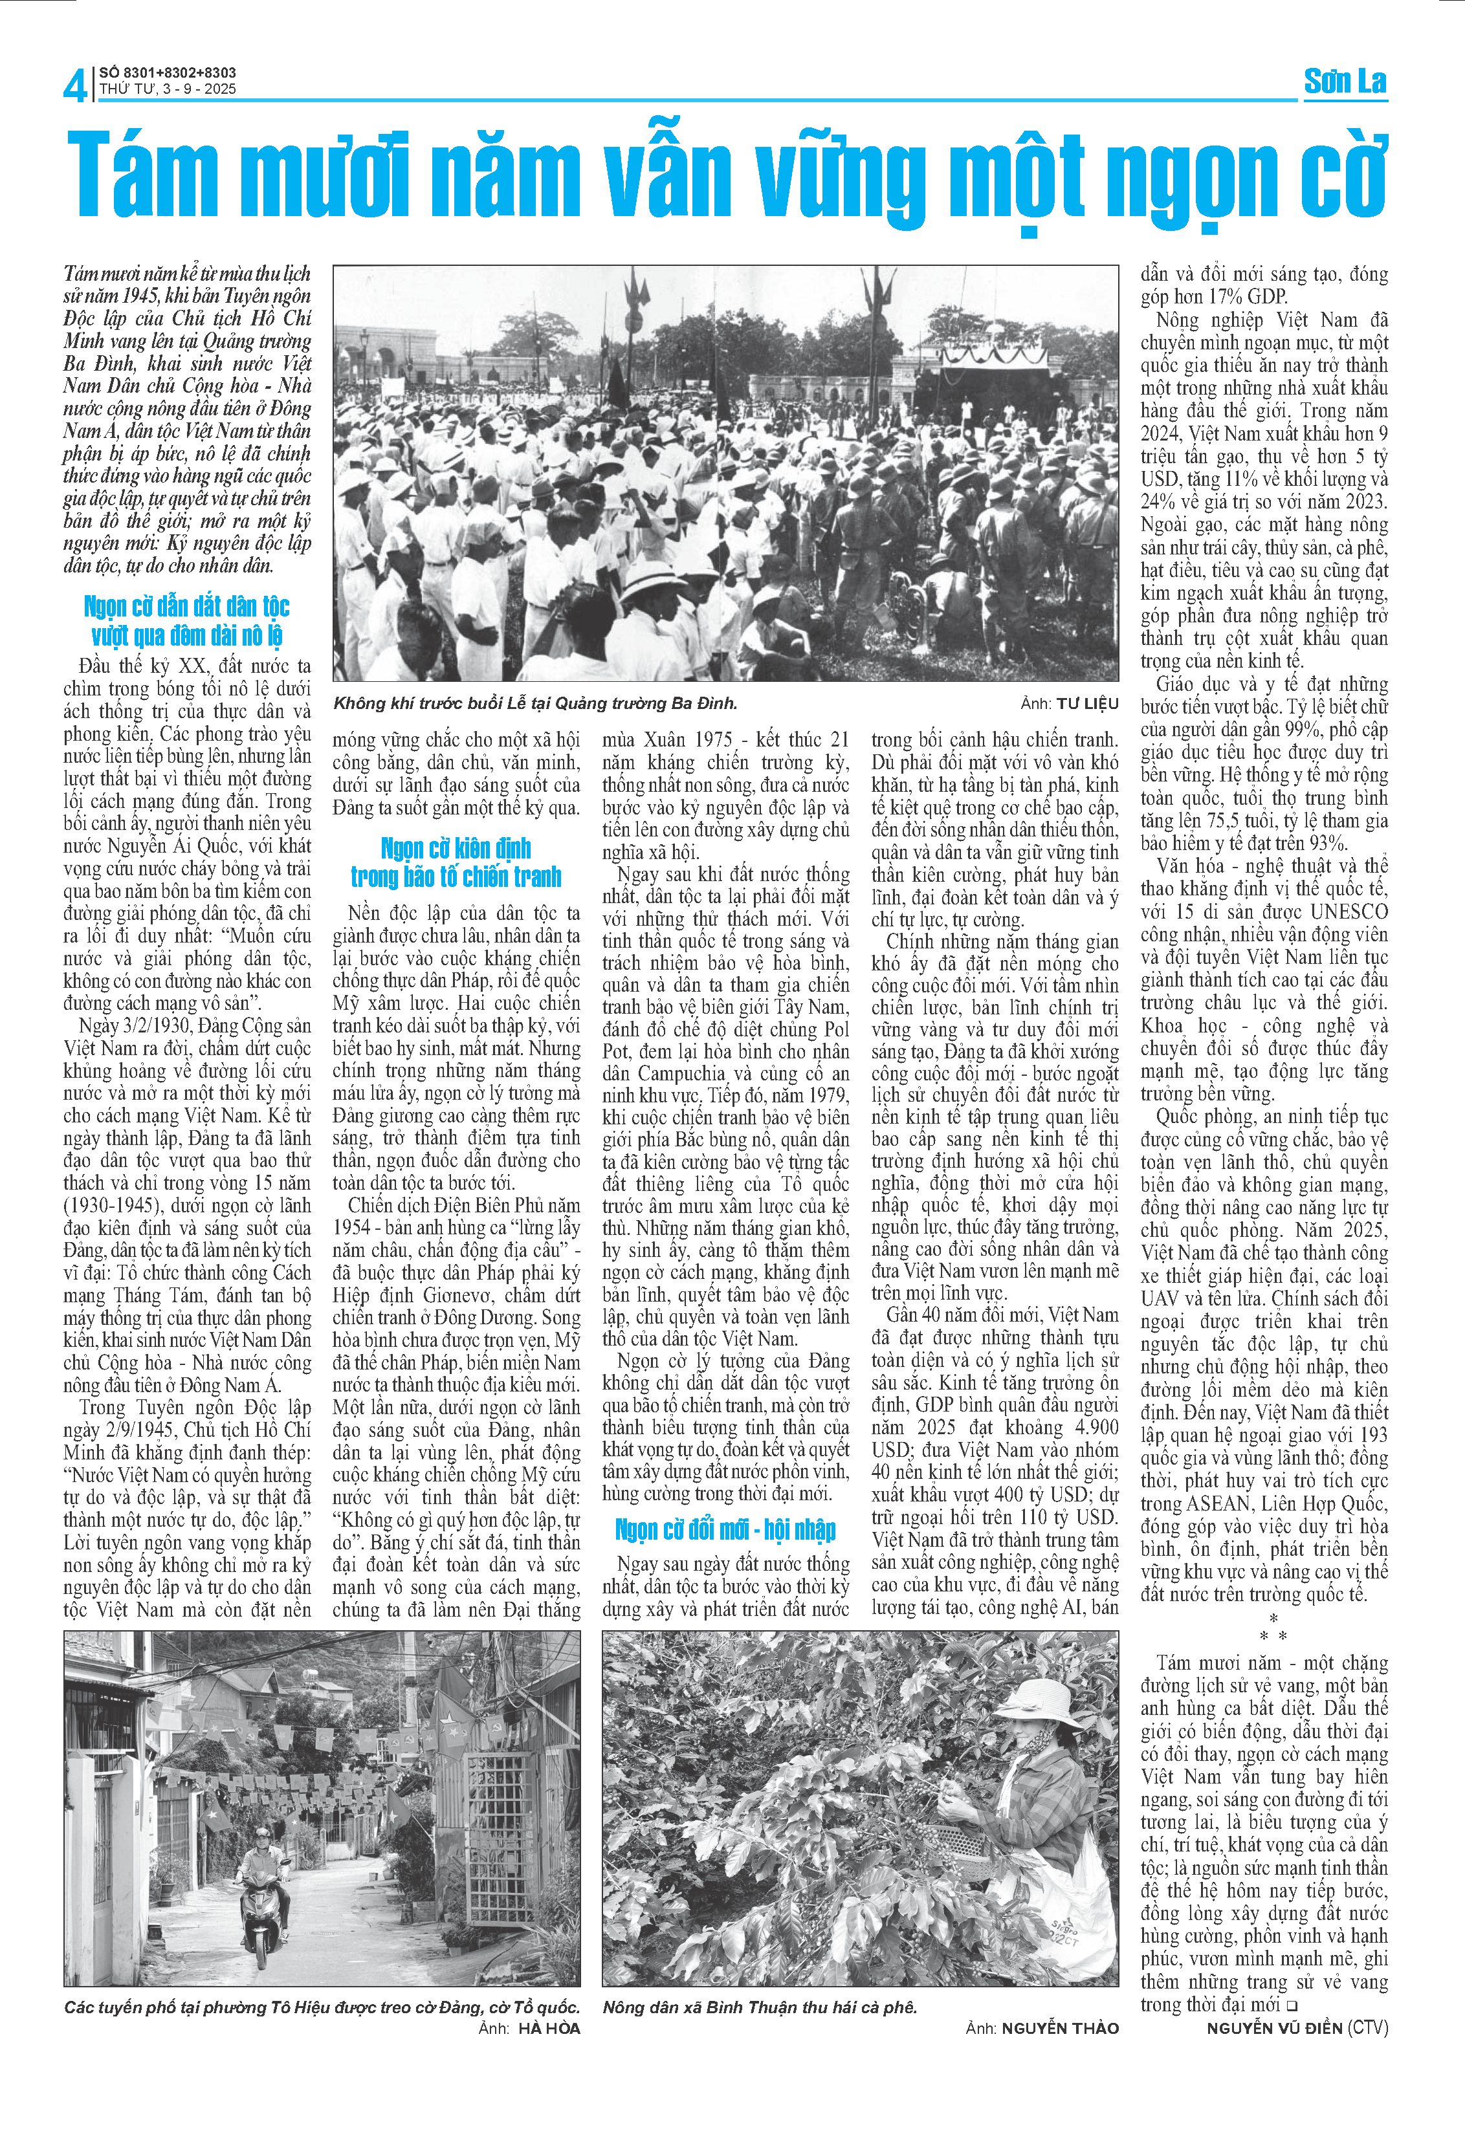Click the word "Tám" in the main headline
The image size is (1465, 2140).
point(143,175)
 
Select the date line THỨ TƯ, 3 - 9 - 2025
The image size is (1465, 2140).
point(168,89)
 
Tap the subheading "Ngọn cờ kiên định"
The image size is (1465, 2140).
point(456,847)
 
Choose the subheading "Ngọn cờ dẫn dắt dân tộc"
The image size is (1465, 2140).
point(187,606)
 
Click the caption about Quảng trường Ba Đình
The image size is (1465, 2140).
point(535,703)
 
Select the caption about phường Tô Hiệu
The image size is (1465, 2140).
point(322,2007)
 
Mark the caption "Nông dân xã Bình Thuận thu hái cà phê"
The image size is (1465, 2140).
point(760,2007)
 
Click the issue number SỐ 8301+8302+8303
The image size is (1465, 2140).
point(168,72)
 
